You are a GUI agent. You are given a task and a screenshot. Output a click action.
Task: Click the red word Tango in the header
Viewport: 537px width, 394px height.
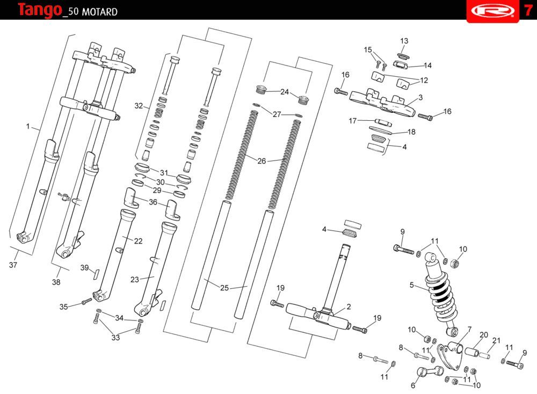pyautogui.click(x=39, y=10)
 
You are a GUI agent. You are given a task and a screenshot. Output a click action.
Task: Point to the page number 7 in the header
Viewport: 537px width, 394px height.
pyautogui.click(x=528, y=10)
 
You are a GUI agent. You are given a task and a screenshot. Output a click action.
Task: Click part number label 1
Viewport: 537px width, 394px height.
pyautogui.click(x=28, y=127)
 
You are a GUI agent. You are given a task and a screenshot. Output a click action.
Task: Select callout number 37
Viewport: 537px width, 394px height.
pyautogui.click(x=13, y=265)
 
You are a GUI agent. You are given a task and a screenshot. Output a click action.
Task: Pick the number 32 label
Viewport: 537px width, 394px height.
pyautogui.click(x=139, y=106)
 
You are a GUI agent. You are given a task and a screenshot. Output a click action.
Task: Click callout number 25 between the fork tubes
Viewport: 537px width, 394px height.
pyautogui.click(x=224, y=288)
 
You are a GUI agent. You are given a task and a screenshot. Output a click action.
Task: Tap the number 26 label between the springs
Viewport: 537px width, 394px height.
pyautogui.click(x=262, y=160)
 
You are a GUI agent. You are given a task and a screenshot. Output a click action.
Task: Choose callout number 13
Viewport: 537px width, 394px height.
pyautogui.click(x=404, y=41)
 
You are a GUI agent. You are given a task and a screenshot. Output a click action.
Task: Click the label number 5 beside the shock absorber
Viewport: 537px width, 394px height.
pyautogui.click(x=412, y=285)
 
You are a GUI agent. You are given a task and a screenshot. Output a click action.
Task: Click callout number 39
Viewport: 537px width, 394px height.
pyautogui.click(x=84, y=268)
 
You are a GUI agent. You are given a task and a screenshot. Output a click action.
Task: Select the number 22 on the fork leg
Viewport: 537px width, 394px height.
pyautogui.click(x=138, y=241)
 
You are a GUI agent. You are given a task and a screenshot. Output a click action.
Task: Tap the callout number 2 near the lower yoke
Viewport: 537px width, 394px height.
pyautogui.click(x=349, y=307)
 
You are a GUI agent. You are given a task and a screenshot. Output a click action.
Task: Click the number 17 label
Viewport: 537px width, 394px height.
pyautogui.click(x=353, y=121)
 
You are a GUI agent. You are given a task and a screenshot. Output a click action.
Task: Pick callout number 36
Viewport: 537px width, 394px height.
pyautogui.click(x=153, y=202)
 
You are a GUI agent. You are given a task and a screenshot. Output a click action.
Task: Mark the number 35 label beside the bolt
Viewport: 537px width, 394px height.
pyautogui.click(x=63, y=307)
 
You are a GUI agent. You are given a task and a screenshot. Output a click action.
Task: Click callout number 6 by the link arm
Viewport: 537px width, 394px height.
pyautogui.click(x=413, y=385)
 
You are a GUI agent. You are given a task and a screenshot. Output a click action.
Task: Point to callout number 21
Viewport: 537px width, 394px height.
pyautogui.click(x=496, y=340)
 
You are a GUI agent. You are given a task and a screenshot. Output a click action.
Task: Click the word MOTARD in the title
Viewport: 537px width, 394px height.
pyautogui.click(x=99, y=12)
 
